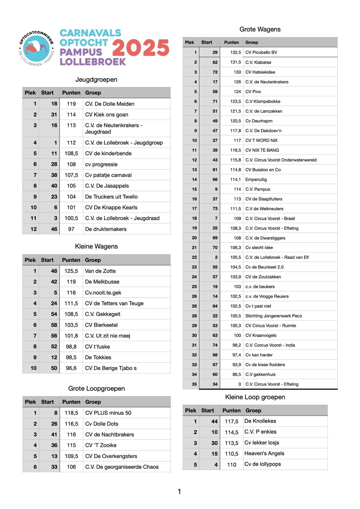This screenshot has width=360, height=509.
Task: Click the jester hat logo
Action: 36,48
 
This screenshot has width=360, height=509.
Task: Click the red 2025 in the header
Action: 140,48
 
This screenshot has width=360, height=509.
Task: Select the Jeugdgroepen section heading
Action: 96,80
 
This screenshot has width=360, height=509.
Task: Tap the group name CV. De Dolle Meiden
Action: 109,104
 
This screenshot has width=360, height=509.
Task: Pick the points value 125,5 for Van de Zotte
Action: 71,271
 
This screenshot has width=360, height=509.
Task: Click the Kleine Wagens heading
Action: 96,247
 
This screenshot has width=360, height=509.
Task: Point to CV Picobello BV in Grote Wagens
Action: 261,52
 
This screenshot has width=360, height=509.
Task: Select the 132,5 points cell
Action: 236,52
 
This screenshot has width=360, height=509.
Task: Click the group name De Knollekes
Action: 260,421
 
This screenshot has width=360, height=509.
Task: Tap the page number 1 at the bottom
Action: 179,492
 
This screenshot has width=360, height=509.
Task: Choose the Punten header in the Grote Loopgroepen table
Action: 71,402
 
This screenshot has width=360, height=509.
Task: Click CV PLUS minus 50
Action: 108,413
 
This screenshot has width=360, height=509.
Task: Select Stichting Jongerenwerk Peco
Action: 273,316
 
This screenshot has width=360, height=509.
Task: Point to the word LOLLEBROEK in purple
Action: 93,62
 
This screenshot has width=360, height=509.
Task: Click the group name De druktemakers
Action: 106,229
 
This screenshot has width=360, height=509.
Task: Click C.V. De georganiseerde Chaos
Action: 122,467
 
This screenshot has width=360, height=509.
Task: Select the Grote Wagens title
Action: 260,29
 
